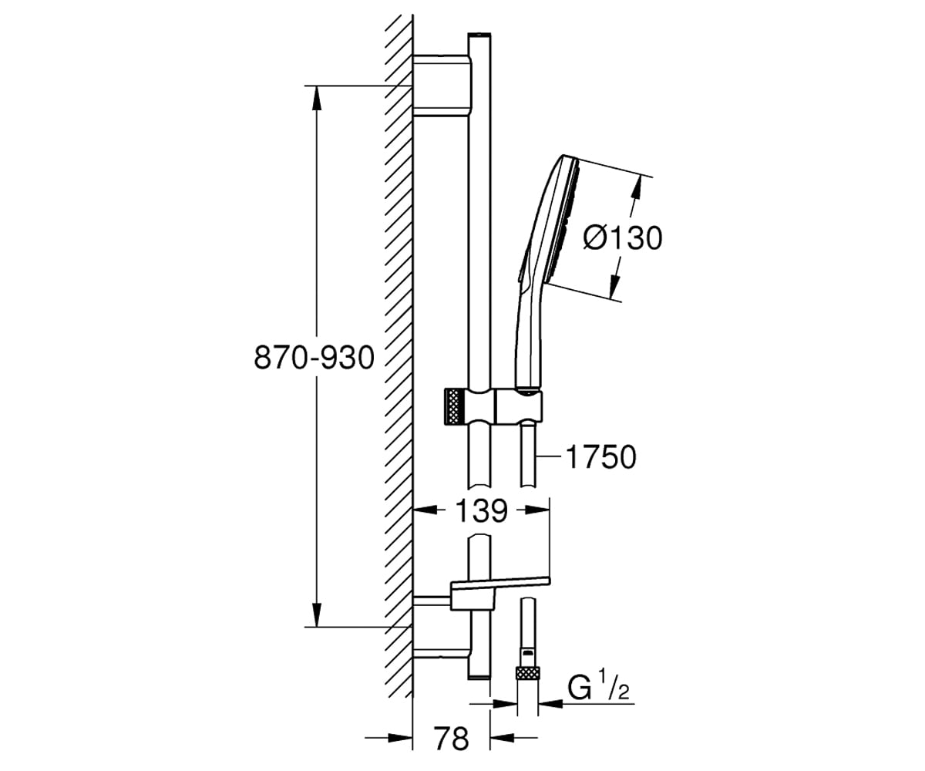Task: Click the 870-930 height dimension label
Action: point(314,358)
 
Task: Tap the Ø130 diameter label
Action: point(622,238)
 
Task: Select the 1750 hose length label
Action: point(601,457)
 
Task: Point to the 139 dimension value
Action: point(482,511)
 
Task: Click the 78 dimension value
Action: point(451,738)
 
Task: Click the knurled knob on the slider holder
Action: point(454,406)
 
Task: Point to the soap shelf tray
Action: point(499,594)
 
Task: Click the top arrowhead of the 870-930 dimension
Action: point(316,97)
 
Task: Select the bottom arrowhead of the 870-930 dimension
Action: point(316,614)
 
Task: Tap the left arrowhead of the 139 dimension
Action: point(425,510)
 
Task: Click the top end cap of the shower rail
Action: point(479,35)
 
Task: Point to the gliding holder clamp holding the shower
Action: point(518,406)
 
